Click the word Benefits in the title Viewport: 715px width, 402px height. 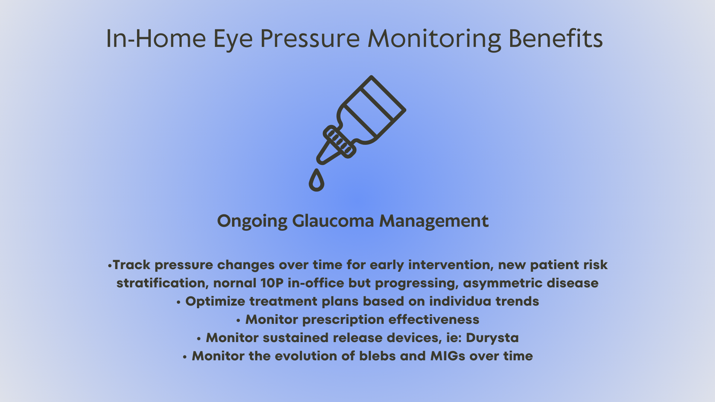click(556, 38)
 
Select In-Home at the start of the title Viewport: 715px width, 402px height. click(156, 38)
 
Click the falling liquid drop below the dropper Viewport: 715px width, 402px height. click(317, 180)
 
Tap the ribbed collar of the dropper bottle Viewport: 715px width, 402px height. click(339, 141)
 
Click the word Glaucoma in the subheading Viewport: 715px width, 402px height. click(333, 221)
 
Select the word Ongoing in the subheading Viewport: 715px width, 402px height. click(252, 221)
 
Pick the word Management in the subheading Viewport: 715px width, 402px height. click(434, 221)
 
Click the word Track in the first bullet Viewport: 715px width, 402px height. click(131, 265)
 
